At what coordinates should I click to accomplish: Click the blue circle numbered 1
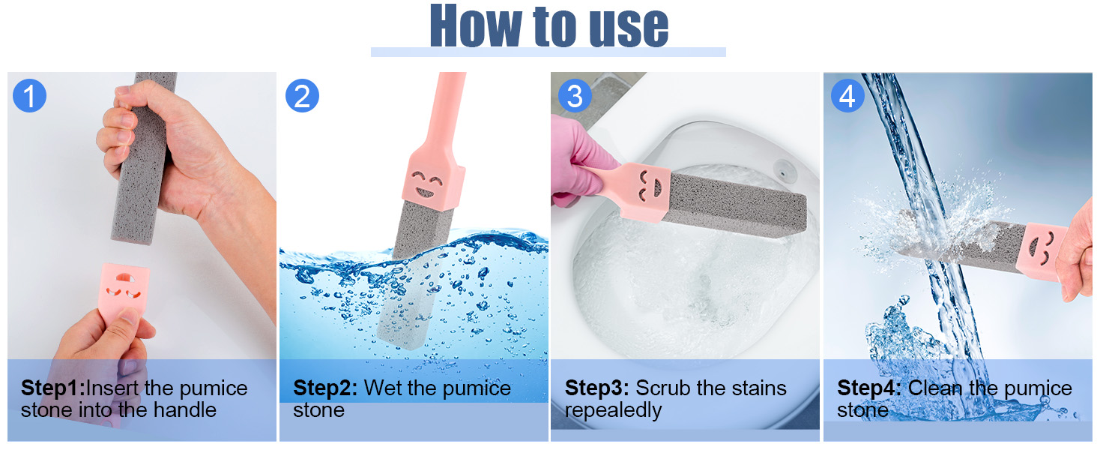tap(29, 95)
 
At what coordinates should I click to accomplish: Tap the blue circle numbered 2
tap(302, 95)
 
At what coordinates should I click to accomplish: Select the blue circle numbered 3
tap(575, 95)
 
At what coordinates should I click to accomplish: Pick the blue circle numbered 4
tap(847, 95)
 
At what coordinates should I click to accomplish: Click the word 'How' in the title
tap(476, 26)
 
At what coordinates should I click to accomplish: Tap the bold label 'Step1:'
tap(53, 388)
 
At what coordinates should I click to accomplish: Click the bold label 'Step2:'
tap(325, 388)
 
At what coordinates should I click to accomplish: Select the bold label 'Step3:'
tap(597, 388)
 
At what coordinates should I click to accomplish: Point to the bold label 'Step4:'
tap(869, 388)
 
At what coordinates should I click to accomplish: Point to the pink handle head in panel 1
tap(124, 290)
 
